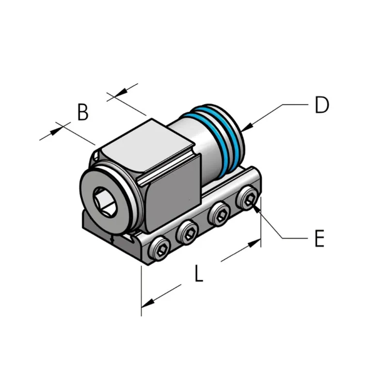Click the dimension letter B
pyautogui.click(x=83, y=112)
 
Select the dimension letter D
pyautogui.click(x=322, y=105)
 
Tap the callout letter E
pyautogui.click(x=320, y=238)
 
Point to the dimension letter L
pyautogui.click(x=199, y=273)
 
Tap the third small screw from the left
pyautogui.click(x=219, y=214)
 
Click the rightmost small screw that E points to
pyautogui.click(x=247, y=200)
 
